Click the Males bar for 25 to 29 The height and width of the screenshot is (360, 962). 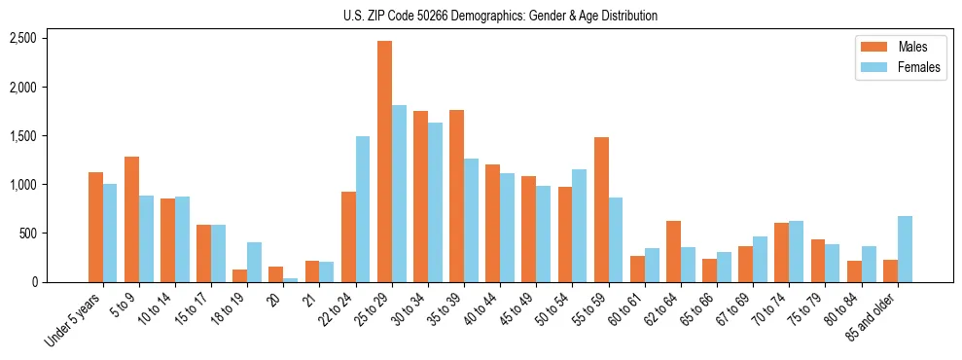[384, 162]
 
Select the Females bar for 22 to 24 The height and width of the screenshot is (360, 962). [363, 209]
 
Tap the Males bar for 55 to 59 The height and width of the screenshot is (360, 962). [601, 209]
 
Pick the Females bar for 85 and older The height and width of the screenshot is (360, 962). [905, 249]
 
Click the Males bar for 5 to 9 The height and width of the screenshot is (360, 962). [131, 219]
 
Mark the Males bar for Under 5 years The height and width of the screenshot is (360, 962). [95, 227]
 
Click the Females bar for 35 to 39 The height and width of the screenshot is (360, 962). [471, 220]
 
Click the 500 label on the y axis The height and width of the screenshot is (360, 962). [28, 234]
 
